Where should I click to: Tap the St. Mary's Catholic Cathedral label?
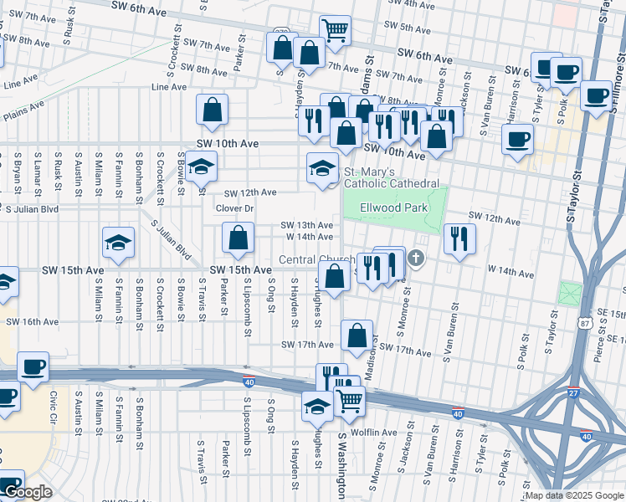coord(392,177)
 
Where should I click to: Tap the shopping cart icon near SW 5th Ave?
coord(335,31)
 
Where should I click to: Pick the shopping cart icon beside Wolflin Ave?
coord(350,401)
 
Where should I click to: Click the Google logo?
coord(27,493)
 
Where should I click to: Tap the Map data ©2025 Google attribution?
coord(574,496)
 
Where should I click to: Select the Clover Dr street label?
coord(233,208)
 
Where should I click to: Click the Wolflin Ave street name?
coord(374,433)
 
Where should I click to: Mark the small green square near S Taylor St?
coord(570,294)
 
